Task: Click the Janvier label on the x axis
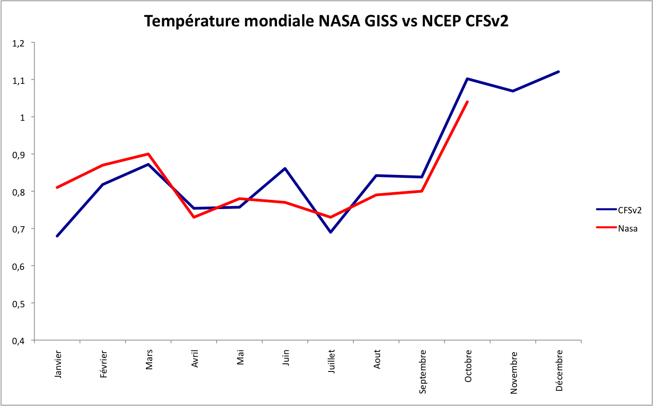[58, 364]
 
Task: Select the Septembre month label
[423, 371]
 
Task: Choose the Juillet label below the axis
[331, 363]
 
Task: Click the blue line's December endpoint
[559, 71]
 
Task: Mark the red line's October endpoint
[468, 102]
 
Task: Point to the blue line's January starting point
[57, 236]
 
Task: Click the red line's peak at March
[148, 154]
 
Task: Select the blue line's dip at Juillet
[331, 232]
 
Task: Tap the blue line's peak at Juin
[285, 168]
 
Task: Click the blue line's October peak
[468, 79]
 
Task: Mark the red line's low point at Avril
[194, 217]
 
